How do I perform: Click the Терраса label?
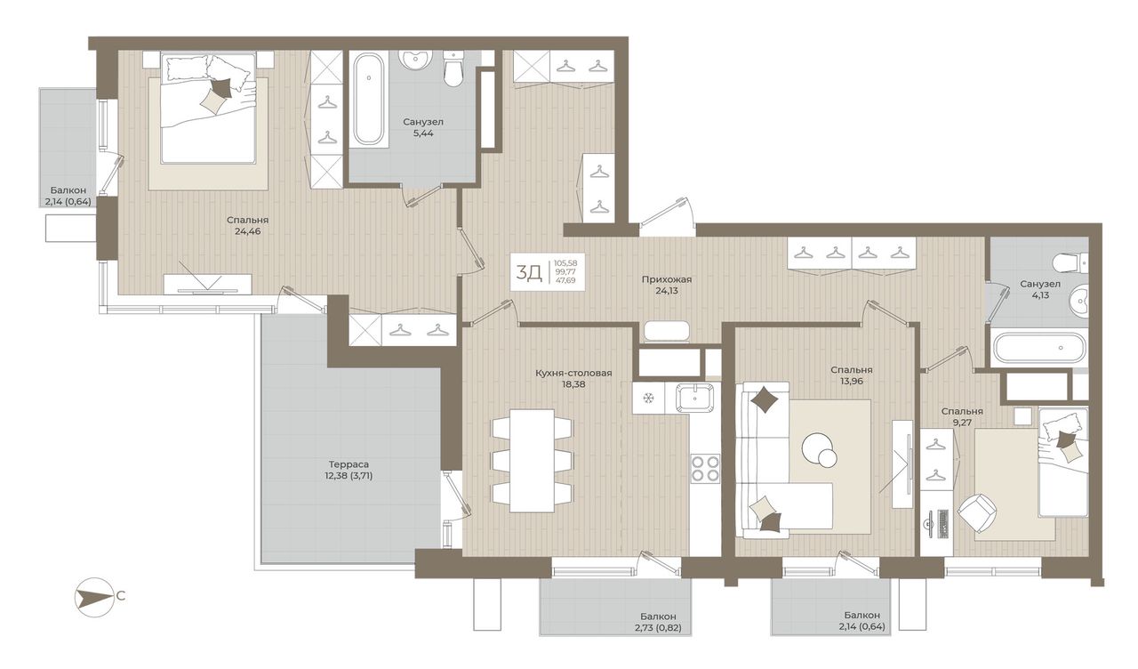(x=349, y=464)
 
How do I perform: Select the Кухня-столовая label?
(x=573, y=373)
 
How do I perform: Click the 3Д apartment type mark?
(x=529, y=273)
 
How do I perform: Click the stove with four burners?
(x=705, y=468)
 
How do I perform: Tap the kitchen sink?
(x=694, y=397)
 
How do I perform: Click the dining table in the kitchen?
(x=532, y=461)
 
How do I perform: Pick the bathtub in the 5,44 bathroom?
(x=368, y=101)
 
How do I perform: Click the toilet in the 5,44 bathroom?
(x=453, y=69)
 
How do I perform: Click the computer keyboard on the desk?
(x=943, y=524)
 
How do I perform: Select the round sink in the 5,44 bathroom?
(x=414, y=61)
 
